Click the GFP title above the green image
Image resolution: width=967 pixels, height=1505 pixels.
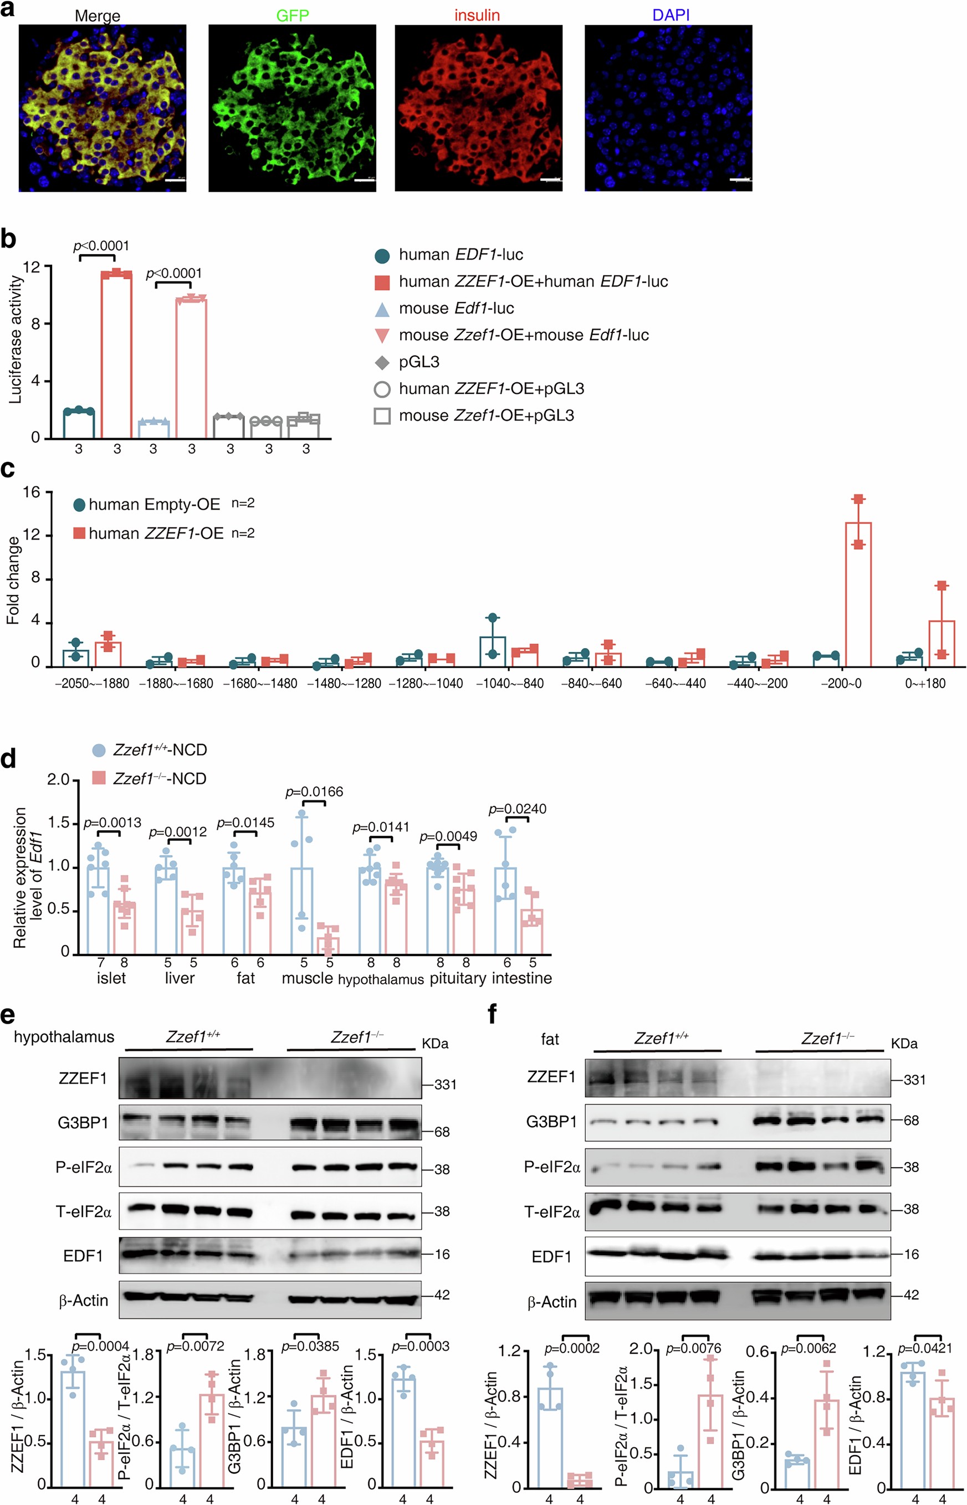pyautogui.click(x=292, y=15)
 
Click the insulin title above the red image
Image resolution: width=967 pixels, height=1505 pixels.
pyautogui.click(x=477, y=15)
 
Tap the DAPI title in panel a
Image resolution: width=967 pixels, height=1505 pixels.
pyautogui.click(x=671, y=15)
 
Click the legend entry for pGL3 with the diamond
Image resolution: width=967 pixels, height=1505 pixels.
pyautogui.click(x=419, y=362)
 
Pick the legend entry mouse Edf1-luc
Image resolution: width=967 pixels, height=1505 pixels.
pyautogui.click(x=456, y=308)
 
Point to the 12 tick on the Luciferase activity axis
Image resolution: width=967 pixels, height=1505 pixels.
pyautogui.click(x=32, y=267)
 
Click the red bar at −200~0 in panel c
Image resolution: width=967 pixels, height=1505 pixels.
pyautogui.click(x=858, y=593)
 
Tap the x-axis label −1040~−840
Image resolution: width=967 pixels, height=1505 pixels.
pyautogui.click(x=509, y=684)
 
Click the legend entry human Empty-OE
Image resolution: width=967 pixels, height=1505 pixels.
pyautogui.click(x=154, y=505)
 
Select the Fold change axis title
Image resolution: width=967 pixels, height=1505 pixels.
pyautogui.click(x=13, y=581)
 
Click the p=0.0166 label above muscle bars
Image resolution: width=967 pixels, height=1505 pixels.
pyautogui.click(x=314, y=792)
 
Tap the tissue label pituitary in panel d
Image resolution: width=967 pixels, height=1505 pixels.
pyautogui.click(x=458, y=978)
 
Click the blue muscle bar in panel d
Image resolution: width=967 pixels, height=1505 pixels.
pyautogui.click(x=303, y=910)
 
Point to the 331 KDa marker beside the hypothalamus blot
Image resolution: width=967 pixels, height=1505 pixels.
pyautogui.click(x=444, y=1085)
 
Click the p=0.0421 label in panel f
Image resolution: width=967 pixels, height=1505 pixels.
pyautogui.click(x=924, y=1348)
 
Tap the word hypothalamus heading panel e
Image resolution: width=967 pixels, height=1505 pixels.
pyautogui.click(x=64, y=1037)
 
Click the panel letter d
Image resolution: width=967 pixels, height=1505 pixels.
pyautogui.click(x=9, y=759)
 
